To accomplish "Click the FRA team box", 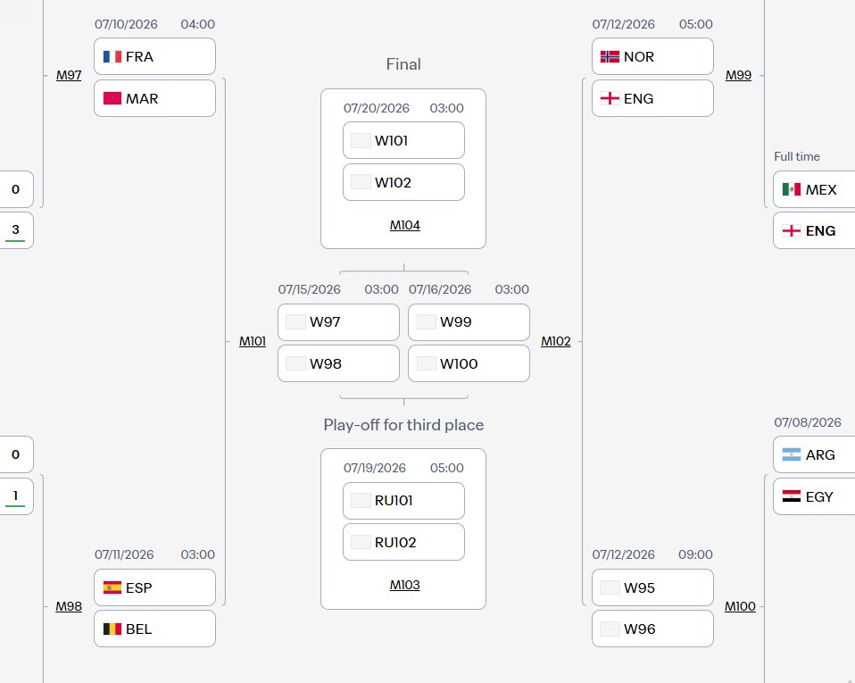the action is pos(155,56).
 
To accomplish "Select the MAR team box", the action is pos(155,98).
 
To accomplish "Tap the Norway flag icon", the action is pos(610,57).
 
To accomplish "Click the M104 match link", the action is pos(404,225).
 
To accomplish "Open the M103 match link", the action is pos(404,585).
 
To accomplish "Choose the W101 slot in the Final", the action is pos(403,140).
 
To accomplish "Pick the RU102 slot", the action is pos(403,542).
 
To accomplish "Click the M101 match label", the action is pos(253,341).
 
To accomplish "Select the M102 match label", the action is pos(556,341).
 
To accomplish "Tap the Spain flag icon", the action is pos(112,587).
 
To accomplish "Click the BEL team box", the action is pos(155,629).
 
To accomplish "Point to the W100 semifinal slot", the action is pos(469,363).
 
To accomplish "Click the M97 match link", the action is pos(69,75).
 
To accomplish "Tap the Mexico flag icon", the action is pos(792,189).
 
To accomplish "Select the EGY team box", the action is pos(814,496).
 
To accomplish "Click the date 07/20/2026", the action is pos(377,108).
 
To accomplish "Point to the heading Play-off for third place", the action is pos(403,425).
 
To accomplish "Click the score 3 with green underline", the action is pos(15,229).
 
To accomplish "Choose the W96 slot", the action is pos(652,629).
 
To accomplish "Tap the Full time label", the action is pos(797,156).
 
